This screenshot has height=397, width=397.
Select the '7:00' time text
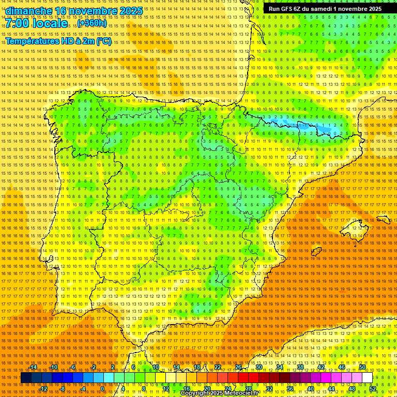click(x=18, y=23)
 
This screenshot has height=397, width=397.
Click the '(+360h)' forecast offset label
click(x=93, y=23)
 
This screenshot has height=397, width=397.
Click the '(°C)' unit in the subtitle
click(x=103, y=41)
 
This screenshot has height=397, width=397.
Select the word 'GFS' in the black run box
click(x=289, y=9)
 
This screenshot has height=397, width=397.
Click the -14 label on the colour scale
click(x=34, y=367)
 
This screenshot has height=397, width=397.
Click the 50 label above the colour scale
click(x=362, y=367)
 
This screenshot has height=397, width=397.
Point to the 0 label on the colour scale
click(x=103, y=389)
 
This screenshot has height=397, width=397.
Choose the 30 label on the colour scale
click(x=258, y=367)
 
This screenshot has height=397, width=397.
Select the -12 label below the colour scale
click(x=43, y=389)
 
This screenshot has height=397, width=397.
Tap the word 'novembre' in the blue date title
click(x=85, y=11)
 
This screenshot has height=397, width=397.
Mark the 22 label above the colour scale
click(x=218, y=367)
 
